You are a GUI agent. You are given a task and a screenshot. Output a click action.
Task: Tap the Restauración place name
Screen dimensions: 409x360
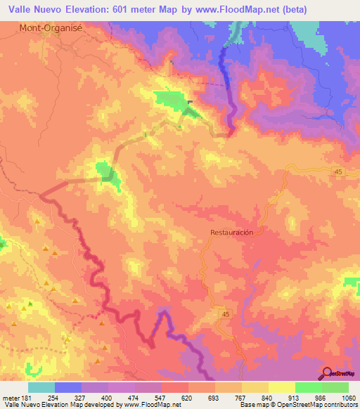[x=231, y=232]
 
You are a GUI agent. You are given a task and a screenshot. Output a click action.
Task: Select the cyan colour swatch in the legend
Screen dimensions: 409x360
[x=41, y=388]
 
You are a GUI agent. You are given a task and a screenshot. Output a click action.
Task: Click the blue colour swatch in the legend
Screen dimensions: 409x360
[x=68, y=388]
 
